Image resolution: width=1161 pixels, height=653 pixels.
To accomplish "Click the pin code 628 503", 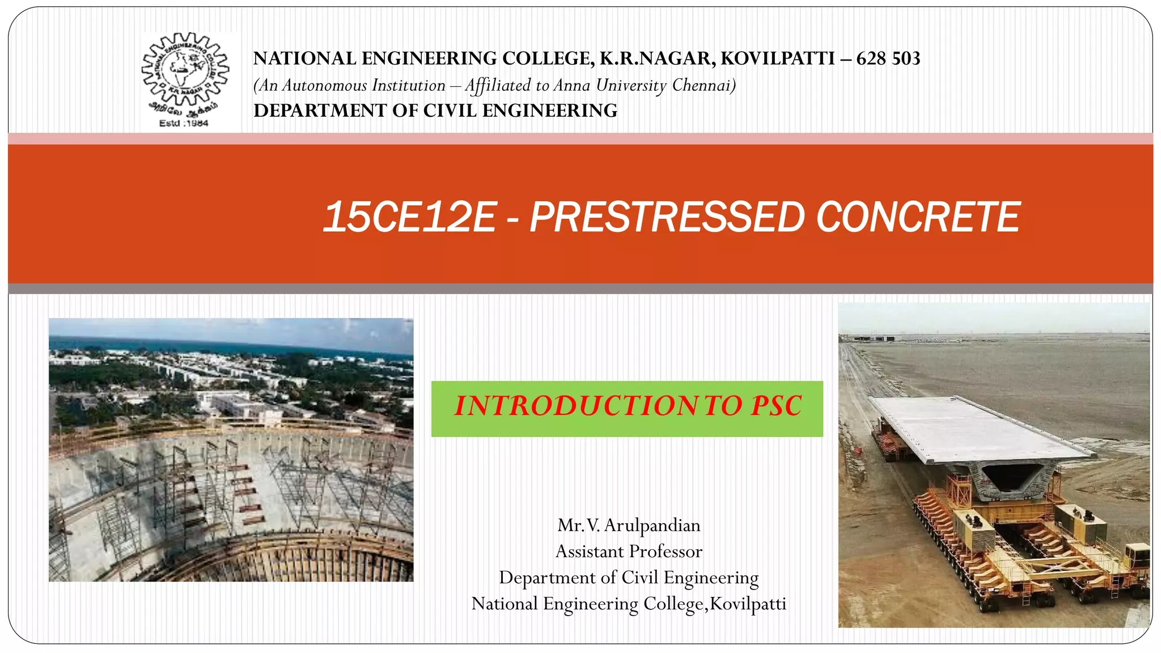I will click(x=888, y=58).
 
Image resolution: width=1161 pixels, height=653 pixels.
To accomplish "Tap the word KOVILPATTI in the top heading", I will click(x=778, y=58).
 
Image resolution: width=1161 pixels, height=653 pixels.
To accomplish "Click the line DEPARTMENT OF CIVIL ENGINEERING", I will click(x=435, y=111).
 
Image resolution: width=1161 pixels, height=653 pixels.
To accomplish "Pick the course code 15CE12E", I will click(x=409, y=217).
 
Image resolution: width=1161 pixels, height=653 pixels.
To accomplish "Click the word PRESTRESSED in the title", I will click(x=667, y=217).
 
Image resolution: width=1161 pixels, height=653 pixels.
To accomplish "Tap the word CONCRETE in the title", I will click(x=918, y=217).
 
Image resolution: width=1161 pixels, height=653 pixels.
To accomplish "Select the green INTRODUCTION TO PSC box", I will click(x=627, y=409).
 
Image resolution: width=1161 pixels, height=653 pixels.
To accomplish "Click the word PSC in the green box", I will click(x=776, y=406).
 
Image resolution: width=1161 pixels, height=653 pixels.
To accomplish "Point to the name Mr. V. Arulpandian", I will click(x=629, y=525).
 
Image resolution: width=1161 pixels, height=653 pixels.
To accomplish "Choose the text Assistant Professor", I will click(x=629, y=552).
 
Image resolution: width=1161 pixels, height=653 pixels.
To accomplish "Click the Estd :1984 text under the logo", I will click(x=184, y=123).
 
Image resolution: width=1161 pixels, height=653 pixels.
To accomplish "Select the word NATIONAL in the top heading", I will click(x=304, y=58).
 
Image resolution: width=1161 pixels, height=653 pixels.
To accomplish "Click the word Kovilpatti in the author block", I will click(x=748, y=604).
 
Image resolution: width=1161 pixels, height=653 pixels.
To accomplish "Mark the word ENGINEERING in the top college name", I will click(x=429, y=58).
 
